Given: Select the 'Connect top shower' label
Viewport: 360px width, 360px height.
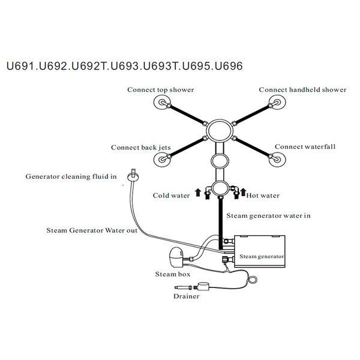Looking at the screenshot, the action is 160,90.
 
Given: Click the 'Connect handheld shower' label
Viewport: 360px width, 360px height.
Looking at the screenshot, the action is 302,89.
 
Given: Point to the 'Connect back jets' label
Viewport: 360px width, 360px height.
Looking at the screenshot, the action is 141,148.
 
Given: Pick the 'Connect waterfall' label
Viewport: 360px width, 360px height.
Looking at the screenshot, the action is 305,146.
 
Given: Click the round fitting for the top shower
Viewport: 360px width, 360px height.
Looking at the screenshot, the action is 162,103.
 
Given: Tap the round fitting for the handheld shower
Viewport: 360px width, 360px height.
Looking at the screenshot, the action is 277,103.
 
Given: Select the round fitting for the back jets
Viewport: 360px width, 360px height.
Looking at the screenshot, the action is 162,160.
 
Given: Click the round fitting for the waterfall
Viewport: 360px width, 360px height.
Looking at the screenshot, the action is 277,160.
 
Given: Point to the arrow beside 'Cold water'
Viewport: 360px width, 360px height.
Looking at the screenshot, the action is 198,193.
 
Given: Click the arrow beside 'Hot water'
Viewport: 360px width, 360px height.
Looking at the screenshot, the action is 243,192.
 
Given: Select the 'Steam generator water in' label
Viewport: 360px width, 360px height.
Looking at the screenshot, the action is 268,216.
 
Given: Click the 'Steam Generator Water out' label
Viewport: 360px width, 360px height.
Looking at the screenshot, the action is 92,230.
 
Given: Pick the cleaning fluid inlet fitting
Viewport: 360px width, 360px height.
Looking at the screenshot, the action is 133,176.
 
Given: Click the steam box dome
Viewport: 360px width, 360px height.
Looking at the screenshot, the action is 176,257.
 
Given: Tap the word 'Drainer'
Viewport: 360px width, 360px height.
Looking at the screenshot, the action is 187,296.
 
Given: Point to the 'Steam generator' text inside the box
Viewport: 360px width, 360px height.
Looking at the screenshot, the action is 262,256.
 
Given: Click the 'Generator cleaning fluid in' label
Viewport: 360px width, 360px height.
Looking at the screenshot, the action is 71,176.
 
